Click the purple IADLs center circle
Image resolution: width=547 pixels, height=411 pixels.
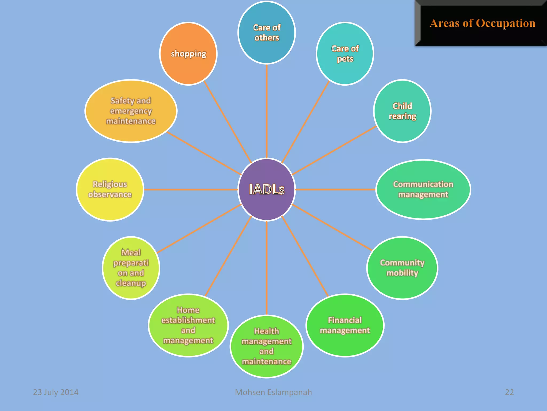267,189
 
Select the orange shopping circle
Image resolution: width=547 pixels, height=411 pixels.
188,54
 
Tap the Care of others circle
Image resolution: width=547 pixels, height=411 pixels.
267,33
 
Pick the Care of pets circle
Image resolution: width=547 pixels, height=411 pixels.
345,54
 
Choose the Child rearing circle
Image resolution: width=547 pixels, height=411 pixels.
402,111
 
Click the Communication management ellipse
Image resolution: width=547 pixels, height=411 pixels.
423,189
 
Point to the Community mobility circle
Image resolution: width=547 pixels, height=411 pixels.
402,268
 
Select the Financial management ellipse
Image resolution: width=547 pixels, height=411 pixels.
345,325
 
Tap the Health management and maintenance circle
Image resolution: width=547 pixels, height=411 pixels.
267,347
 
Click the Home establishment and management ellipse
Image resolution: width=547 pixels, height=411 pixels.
188,325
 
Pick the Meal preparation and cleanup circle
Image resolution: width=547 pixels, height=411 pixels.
131,268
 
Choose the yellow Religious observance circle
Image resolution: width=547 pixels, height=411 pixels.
110,189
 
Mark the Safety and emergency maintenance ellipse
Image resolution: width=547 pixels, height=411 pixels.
131,111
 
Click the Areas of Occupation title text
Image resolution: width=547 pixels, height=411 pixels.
482,23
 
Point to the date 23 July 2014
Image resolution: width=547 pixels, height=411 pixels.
56,392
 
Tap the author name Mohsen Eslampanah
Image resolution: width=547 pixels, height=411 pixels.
273,392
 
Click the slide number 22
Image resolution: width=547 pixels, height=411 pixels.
509,392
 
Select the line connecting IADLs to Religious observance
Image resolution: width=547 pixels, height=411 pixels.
191,189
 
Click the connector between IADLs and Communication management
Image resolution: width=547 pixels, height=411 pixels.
335,189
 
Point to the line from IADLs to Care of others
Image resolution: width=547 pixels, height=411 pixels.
267,111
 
